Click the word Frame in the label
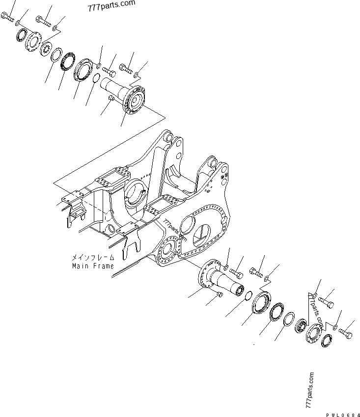point(103,266)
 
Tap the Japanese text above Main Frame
point(93,257)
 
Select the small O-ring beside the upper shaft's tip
point(98,78)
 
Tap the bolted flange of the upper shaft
point(133,101)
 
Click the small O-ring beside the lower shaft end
point(249,295)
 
